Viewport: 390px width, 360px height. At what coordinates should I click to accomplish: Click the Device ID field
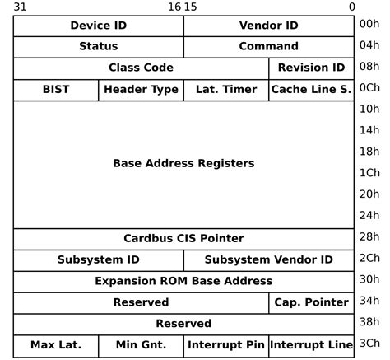point(98,26)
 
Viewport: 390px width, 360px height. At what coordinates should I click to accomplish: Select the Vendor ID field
point(268,26)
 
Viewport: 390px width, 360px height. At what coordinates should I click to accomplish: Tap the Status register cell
point(98,46)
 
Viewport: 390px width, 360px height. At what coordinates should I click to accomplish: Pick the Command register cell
point(268,46)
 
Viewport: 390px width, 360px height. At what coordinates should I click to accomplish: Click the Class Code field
point(141,68)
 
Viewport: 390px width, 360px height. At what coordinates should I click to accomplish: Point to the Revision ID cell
point(311,68)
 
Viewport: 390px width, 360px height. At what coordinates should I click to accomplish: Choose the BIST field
point(56,89)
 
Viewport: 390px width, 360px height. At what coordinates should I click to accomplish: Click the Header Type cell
point(141,89)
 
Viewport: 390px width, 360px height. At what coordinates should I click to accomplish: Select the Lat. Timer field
point(225,89)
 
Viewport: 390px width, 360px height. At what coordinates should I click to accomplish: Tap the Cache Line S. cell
point(311,89)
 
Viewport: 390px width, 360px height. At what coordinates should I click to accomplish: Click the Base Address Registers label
point(183,163)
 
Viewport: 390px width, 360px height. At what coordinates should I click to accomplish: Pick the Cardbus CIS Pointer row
point(183,238)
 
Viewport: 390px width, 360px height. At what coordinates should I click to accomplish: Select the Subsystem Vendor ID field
point(268,259)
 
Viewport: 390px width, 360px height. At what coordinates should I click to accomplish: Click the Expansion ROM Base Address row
point(183,281)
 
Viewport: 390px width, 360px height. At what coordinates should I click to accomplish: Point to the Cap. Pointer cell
point(311,302)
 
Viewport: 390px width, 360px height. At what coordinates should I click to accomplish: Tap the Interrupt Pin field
point(225,344)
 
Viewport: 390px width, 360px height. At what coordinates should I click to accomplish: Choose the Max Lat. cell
point(56,344)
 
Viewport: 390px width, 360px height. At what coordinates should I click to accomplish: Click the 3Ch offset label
point(369,344)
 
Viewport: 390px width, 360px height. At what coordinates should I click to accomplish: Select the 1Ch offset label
point(369,173)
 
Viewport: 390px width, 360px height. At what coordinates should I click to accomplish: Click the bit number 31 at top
point(21,7)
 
